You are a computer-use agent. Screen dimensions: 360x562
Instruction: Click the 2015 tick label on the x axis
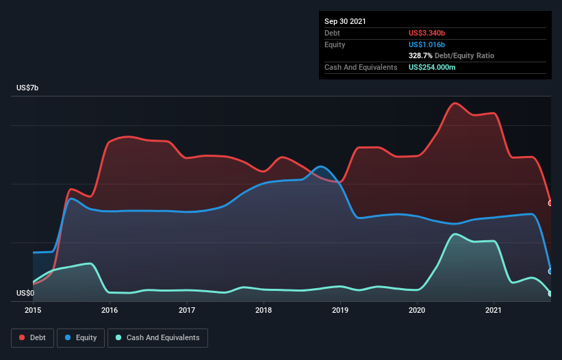tap(33, 310)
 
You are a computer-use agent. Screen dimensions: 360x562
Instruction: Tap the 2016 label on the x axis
tap(110, 310)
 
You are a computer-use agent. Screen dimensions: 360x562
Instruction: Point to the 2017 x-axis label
tap(187, 310)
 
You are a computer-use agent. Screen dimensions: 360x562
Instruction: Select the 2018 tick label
tap(264, 310)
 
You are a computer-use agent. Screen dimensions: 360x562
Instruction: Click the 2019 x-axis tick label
tap(340, 310)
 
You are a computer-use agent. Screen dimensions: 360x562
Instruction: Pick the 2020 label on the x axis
tap(417, 310)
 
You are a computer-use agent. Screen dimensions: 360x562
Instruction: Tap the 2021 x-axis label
tap(494, 310)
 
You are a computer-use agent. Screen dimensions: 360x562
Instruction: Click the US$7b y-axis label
tap(29, 88)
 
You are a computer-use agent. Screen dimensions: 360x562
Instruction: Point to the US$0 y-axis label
tap(25, 293)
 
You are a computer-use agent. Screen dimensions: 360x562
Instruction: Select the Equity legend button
tap(81, 337)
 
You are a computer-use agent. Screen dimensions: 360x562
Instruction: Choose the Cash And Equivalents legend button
tap(157, 337)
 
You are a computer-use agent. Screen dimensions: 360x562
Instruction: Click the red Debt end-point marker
tap(550, 203)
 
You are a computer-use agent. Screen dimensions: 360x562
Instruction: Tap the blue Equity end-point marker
tap(550, 271)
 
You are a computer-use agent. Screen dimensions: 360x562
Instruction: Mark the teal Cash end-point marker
tap(550, 294)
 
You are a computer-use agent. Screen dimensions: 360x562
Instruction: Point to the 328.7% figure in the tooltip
tap(421, 55)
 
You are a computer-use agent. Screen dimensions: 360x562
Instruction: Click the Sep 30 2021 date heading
tap(345, 21)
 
